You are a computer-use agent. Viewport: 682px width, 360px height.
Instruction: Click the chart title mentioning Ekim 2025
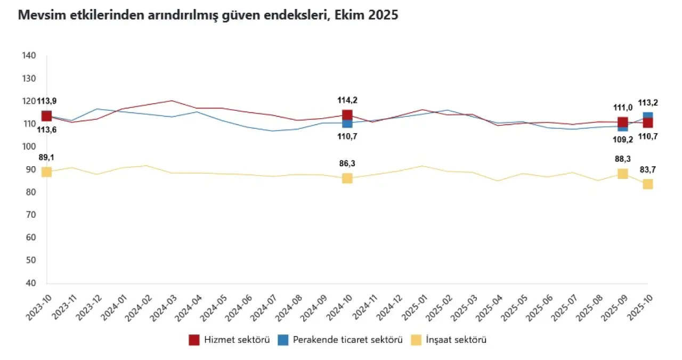pyautogui.click(x=208, y=15)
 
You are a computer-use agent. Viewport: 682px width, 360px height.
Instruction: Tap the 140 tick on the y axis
pyautogui.click(x=29, y=55)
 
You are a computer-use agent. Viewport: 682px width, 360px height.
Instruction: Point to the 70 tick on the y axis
pyautogui.click(x=29, y=215)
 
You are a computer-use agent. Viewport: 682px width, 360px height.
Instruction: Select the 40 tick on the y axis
pyautogui.click(x=29, y=283)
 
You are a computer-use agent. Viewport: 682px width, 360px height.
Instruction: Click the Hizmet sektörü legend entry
pyautogui.click(x=230, y=340)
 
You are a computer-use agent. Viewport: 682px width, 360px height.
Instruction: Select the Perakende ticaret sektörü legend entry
pyautogui.click(x=340, y=340)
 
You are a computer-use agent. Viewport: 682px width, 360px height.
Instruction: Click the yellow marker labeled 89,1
pyautogui.click(x=46, y=171)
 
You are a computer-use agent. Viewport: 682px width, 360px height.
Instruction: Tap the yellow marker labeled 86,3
pyautogui.click(x=347, y=178)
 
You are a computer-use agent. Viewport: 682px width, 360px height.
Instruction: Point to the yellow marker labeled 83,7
pyautogui.click(x=648, y=184)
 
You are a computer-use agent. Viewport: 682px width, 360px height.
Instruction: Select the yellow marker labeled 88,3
pyautogui.click(x=622, y=174)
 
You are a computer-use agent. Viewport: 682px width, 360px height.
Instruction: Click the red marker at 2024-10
pyautogui.click(x=347, y=114)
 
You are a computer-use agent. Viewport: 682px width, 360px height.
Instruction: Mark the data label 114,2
pyautogui.click(x=347, y=100)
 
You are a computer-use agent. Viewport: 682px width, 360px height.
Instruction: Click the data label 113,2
pyautogui.click(x=648, y=103)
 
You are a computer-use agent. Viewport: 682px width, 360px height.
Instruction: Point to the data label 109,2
pyautogui.click(x=622, y=140)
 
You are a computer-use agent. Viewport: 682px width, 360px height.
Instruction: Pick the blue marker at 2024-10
pyautogui.click(x=347, y=124)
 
